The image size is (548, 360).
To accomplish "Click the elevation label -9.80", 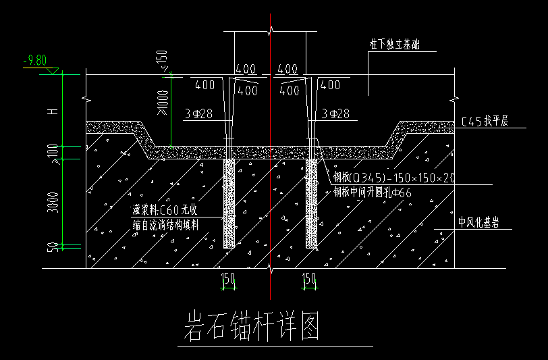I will (x=34, y=61).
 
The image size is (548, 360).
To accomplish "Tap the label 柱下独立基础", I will (x=394, y=45).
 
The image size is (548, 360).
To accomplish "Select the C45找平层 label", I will (x=485, y=122).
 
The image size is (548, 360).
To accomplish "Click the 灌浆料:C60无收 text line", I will (x=165, y=211).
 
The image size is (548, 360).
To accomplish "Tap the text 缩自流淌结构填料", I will (x=166, y=225).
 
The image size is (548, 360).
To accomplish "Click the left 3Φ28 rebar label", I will (x=198, y=114).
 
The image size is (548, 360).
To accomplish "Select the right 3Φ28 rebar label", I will (x=335, y=114).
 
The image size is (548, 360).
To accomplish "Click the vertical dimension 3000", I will (x=53, y=202).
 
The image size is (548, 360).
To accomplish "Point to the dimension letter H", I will (x=53, y=111).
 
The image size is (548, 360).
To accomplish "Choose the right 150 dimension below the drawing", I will (x=310, y=278).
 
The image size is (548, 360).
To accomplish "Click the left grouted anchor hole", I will (x=229, y=203).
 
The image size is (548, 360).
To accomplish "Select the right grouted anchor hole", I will (x=311, y=203).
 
